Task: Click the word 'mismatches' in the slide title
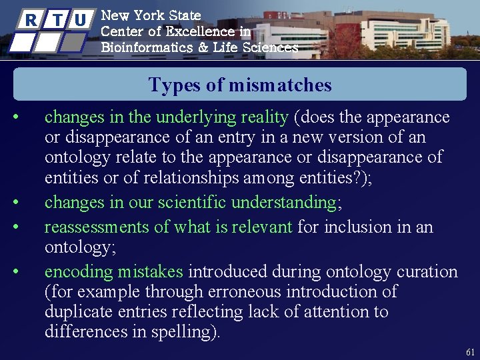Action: click(279, 85)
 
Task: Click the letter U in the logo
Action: click(81, 19)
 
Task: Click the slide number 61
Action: click(470, 351)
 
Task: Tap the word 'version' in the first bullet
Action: click(373, 137)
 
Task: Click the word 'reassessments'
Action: click(97, 227)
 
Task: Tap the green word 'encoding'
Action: click(79, 271)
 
